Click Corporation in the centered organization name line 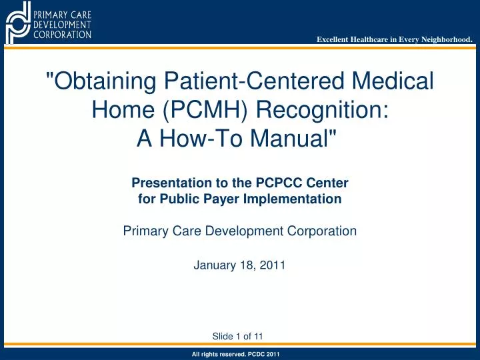coord(319,231)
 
